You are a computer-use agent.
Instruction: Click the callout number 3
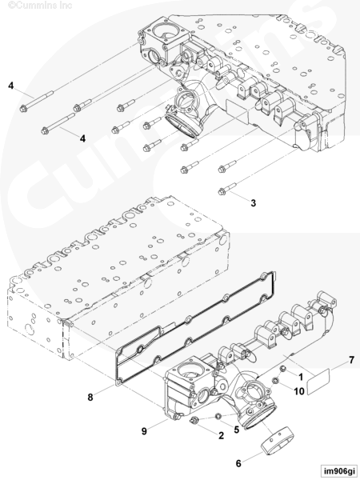(x=253, y=203)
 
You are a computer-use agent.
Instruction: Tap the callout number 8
(x=90, y=397)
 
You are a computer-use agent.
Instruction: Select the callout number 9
(x=144, y=431)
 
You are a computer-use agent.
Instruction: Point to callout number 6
(x=238, y=463)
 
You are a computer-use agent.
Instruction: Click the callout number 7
(x=352, y=360)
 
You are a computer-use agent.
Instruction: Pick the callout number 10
(x=299, y=391)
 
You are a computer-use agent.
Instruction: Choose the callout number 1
(x=301, y=377)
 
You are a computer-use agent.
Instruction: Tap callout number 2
(x=221, y=435)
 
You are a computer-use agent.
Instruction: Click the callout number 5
(x=236, y=430)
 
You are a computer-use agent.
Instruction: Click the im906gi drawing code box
(x=339, y=470)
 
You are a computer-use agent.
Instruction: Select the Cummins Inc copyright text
(x=40, y=6)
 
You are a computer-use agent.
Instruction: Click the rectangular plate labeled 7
(x=318, y=382)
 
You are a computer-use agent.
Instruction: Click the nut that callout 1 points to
(x=283, y=369)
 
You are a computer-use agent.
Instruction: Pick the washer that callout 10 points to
(x=275, y=381)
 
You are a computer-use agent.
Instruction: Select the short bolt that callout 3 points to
(x=227, y=188)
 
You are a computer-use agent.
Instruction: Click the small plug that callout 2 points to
(x=194, y=420)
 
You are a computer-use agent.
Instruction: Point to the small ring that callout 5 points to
(x=218, y=416)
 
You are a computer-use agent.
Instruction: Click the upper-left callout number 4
(x=10, y=86)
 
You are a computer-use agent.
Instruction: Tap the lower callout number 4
(x=82, y=138)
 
